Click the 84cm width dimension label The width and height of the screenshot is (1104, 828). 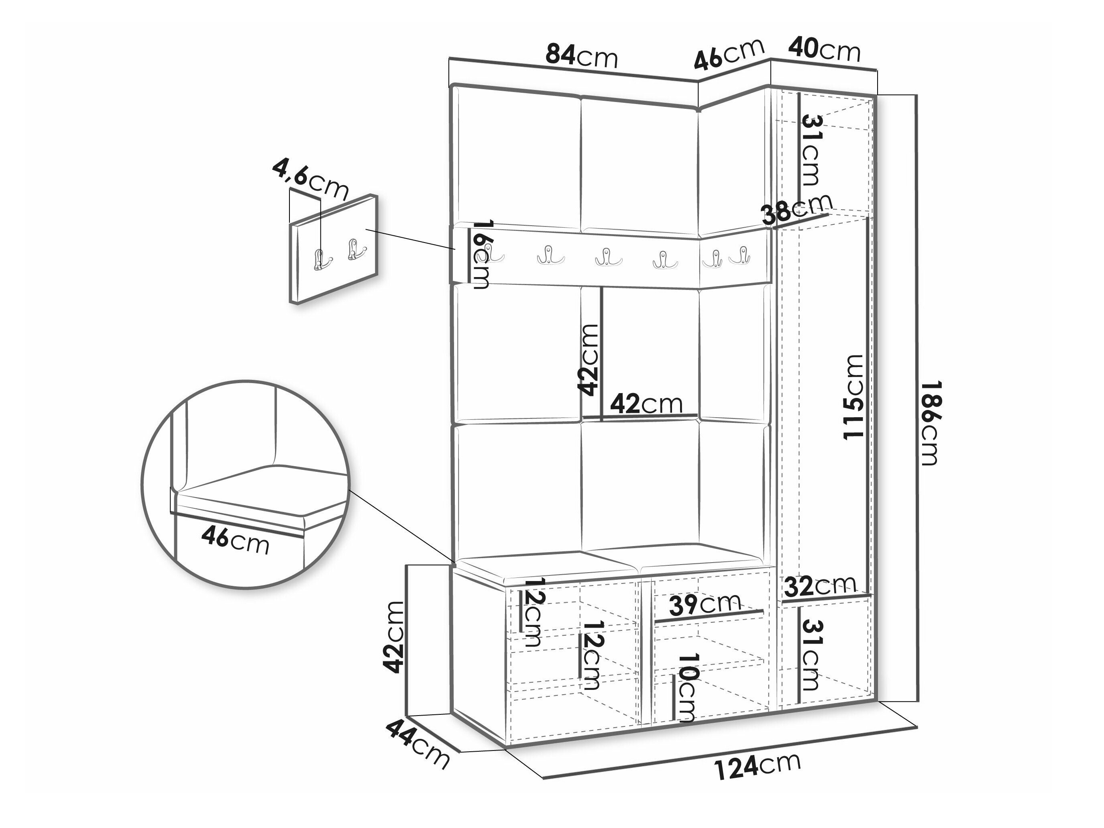pos(581,55)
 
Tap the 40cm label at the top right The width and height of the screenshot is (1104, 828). pos(825,49)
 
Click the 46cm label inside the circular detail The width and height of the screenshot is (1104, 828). pos(235,541)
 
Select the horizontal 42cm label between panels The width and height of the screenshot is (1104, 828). pos(646,403)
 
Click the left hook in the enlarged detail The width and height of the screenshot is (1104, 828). pos(318,258)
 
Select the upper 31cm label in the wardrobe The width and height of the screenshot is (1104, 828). pos(811,151)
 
